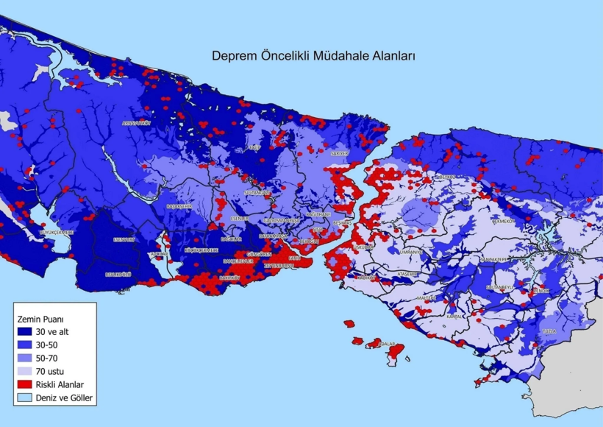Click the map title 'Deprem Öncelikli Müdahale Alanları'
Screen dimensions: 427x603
(314, 55)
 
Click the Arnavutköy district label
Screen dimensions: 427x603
(136, 123)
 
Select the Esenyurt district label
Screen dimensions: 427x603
(124, 239)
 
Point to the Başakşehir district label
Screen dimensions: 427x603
(179, 207)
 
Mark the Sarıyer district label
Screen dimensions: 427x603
(338, 153)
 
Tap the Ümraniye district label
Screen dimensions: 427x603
(412, 252)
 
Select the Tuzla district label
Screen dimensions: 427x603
(548, 331)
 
